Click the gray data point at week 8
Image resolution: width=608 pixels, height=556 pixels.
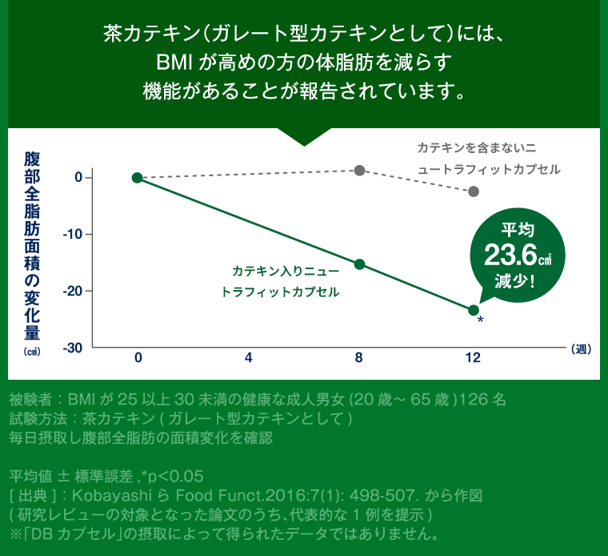point(359,170)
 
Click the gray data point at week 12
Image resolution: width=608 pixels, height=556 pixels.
point(474,191)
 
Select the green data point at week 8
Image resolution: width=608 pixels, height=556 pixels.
point(359,264)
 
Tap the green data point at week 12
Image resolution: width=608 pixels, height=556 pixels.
point(474,310)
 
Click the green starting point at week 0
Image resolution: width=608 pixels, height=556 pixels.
point(137,177)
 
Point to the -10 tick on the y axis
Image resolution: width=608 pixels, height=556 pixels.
point(72,234)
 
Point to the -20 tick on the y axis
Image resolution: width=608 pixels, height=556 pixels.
point(72,291)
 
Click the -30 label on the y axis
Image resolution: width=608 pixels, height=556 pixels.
point(72,348)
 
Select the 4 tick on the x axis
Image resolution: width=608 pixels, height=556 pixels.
point(249,358)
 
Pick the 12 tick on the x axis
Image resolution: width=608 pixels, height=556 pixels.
point(474,358)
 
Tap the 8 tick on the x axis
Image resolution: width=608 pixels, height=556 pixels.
point(359,358)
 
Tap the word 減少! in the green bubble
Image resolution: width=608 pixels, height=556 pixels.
point(514,282)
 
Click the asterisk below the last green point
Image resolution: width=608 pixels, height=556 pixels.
point(480,321)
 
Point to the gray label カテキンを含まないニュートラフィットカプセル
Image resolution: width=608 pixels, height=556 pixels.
point(488,158)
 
